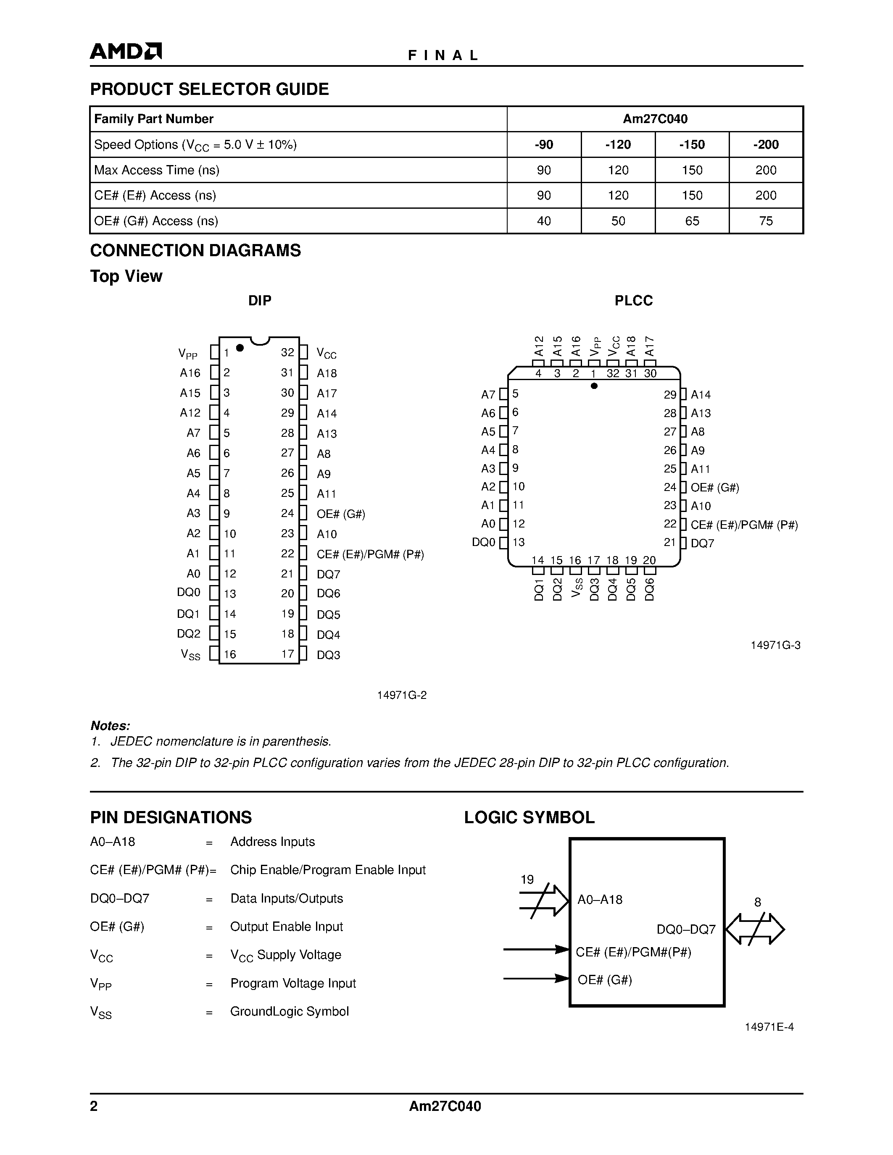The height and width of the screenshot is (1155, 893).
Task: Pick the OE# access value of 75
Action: coord(766,221)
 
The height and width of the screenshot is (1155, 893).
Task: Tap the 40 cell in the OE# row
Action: coord(544,221)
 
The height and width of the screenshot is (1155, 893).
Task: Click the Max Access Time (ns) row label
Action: coord(157,170)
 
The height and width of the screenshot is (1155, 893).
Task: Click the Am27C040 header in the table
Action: coord(655,119)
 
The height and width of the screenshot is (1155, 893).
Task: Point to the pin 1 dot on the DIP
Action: coord(240,347)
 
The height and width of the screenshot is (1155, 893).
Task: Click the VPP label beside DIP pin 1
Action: coord(188,353)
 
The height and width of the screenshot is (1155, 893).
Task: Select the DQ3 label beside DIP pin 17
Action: coord(329,655)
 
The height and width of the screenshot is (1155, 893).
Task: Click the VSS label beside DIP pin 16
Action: coord(190,655)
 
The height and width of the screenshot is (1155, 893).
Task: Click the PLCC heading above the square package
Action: coord(633,301)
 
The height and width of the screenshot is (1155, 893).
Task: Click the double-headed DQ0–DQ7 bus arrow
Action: coord(755,929)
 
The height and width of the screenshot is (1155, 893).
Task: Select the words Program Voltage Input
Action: coord(293,983)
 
